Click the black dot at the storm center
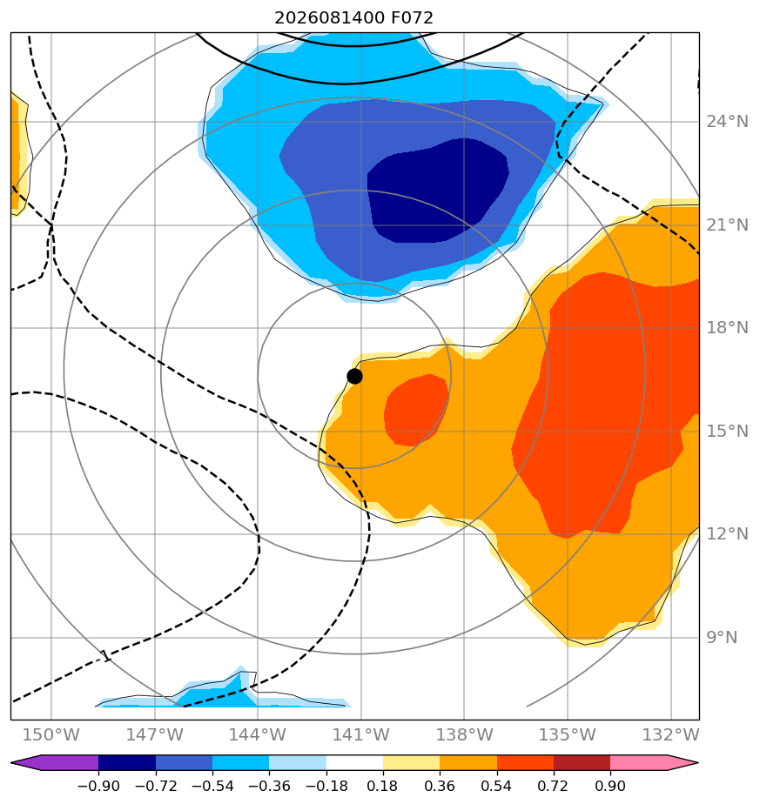[354, 377]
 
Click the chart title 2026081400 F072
[354, 18]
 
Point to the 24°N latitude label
[727, 122]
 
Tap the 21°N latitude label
[727, 225]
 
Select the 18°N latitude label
[727, 328]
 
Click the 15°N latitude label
[727, 432]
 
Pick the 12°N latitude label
[727, 534]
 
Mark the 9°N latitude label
[722, 637]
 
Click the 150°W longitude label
[50, 734]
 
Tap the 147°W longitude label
[154, 734]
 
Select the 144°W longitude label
[257, 734]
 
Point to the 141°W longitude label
[360, 734]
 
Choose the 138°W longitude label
[464, 734]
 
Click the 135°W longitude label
[567, 734]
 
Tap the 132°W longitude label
[670, 734]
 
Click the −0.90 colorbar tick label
[98, 786]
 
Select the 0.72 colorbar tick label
[553, 786]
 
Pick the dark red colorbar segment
[582, 762]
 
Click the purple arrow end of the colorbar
[25, 762]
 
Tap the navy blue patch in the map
[437, 191]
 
